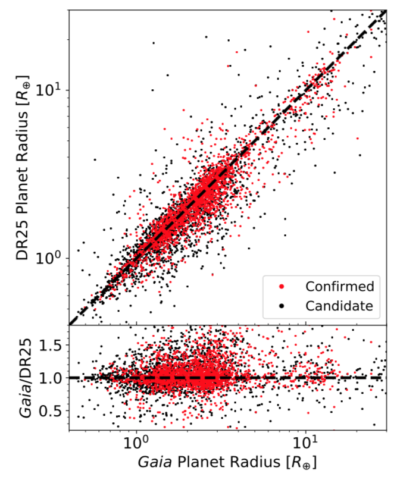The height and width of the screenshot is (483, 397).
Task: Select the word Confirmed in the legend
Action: [340, 287]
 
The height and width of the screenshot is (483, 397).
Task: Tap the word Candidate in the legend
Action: [339, 306]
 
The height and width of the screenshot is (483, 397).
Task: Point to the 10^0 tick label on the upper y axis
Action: [48, 259]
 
